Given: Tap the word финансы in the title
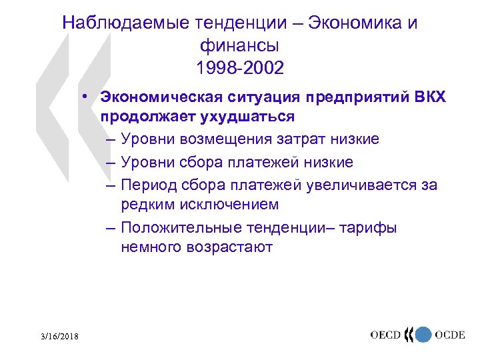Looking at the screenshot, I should tap(239, 45).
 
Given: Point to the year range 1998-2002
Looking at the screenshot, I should tap(239, 68).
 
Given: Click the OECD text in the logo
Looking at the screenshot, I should tap(386, 335).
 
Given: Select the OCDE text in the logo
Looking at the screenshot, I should tap(450, 335).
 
